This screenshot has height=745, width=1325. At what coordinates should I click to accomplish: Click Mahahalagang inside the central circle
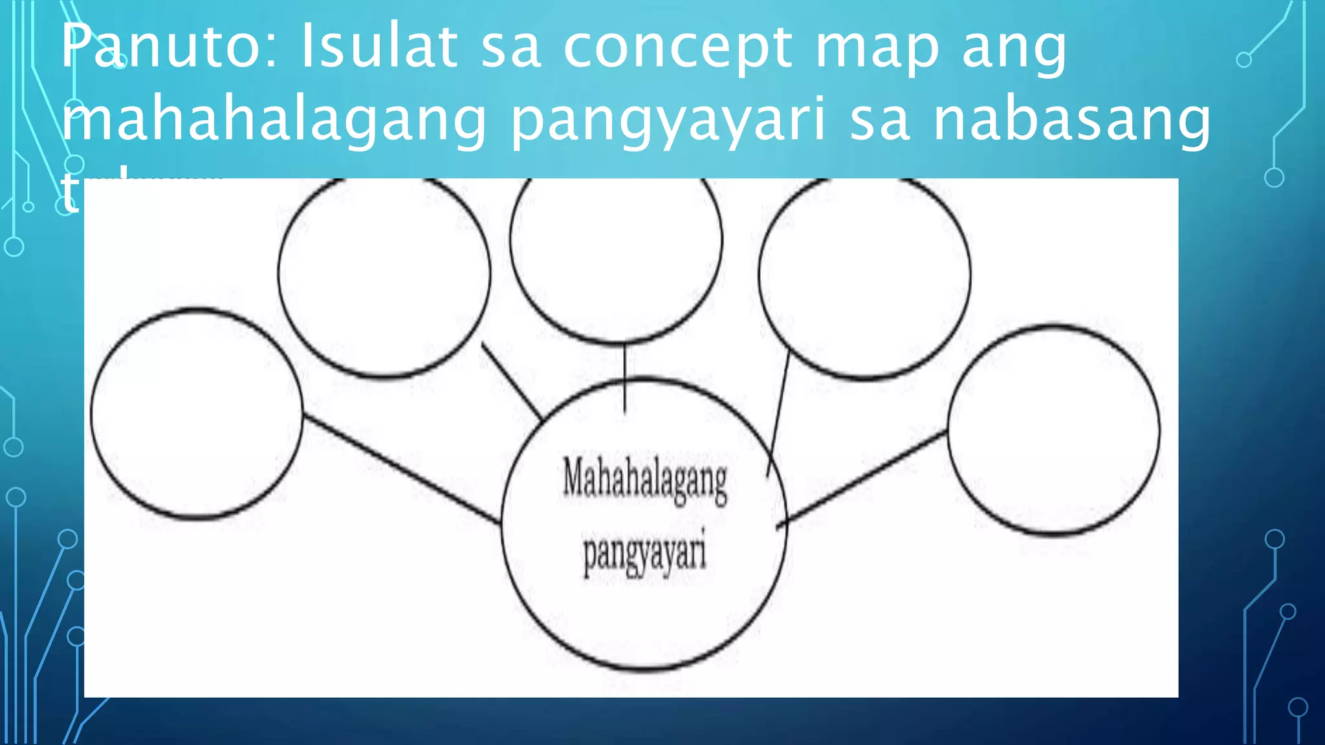click(645, 480)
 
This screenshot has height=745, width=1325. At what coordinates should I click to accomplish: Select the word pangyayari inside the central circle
click(644, 554)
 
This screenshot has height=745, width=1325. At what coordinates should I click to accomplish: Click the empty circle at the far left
click(197, 414)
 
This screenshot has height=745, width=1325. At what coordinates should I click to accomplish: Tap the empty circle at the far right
click(1054, 430)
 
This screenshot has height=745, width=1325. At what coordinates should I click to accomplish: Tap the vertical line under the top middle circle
click(624, 378)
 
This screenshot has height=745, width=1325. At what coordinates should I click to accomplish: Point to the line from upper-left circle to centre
click(511, 381)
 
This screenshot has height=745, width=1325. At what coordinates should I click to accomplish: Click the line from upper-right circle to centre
click(778, 414)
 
